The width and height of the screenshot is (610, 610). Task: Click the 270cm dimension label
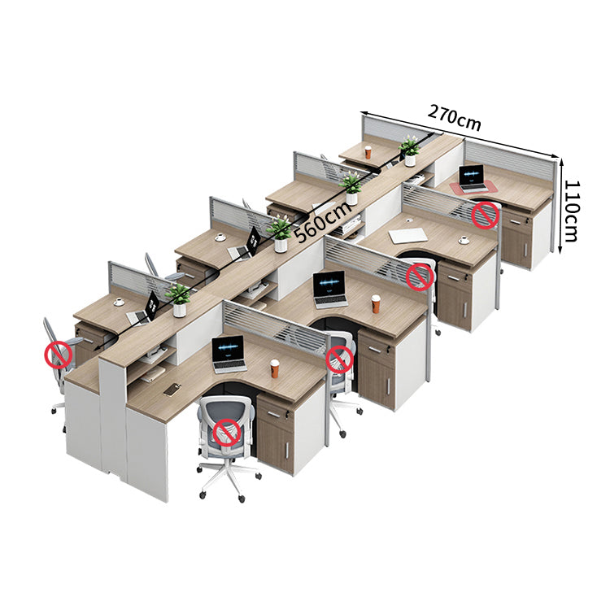coord(455,117)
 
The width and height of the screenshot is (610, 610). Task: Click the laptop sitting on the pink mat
coord(473,179)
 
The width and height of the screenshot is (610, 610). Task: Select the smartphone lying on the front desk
coord(172,389)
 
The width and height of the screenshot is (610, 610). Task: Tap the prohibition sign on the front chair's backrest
coord(227,433)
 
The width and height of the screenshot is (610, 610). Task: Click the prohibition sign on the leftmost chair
coord(59,355)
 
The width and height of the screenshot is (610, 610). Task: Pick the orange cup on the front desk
coord(275,368)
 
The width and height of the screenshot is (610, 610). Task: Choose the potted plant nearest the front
coord(179,299)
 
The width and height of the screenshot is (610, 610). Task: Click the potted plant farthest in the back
coord(409,151)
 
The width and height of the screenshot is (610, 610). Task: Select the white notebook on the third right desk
coord(407,236)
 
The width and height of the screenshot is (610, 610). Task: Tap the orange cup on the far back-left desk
coord(368,152)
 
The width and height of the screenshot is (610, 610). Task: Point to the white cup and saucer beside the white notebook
coord(464,240)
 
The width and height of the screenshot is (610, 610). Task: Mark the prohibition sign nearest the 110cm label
coord(485,216)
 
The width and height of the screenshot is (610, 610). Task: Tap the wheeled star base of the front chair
coord(229,479)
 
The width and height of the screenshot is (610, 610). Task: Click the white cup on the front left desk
coord(118,302)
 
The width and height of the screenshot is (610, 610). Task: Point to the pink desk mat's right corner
coord(498,189)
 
